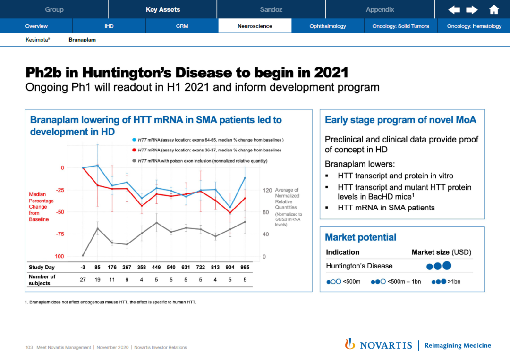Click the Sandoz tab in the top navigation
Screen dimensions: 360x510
tap(271, 9)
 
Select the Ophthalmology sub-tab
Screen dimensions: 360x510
tap(328, 26)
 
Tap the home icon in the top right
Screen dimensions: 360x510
tap(494, 9)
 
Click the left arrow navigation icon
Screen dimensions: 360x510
tap(454, 9)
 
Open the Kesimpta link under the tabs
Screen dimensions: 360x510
tap(38, 40)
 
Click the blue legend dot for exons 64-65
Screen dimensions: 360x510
tap(134, 140)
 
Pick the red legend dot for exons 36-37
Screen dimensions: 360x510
tap(134, 150)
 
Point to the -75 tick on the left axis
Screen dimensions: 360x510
tap(59, 234)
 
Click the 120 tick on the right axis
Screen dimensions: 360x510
tap(267, 190)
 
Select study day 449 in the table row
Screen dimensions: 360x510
tap(156, 268)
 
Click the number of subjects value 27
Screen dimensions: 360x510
tap(83, 279)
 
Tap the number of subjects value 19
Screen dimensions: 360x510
tap(97, 279)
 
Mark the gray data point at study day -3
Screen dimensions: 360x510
tap(83, 256)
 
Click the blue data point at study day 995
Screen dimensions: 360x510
tap(245, 178)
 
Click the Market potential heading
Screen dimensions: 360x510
tap(361, 237)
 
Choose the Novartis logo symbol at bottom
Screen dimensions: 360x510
tap(350, 344)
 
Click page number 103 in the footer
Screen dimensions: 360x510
tap(29, 348)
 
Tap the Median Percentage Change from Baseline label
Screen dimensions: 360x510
tap(41, 207)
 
